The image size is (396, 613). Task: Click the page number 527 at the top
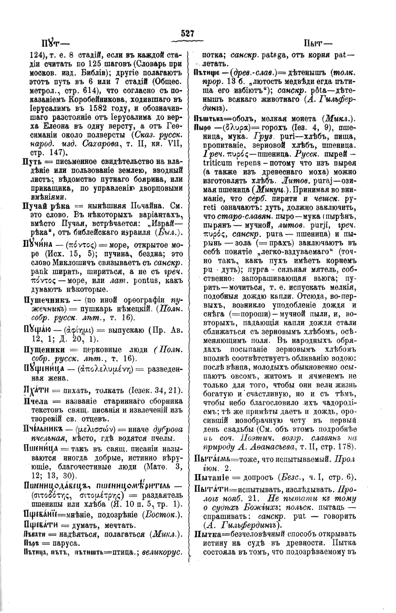(188, 34)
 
